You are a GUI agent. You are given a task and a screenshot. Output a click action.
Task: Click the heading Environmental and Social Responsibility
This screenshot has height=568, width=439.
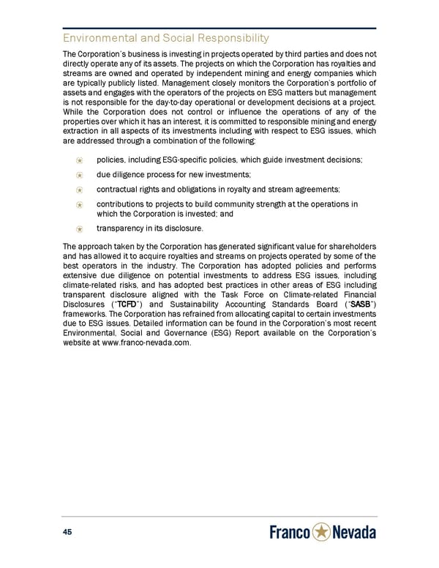pyautogui.click(x=166, y=37)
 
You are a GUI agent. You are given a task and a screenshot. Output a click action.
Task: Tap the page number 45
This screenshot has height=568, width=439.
pyautogui.click(x=70, y=531)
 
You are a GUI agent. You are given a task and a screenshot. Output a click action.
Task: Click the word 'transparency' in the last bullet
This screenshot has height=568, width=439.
pyautogui.click(x=121, y=228)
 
